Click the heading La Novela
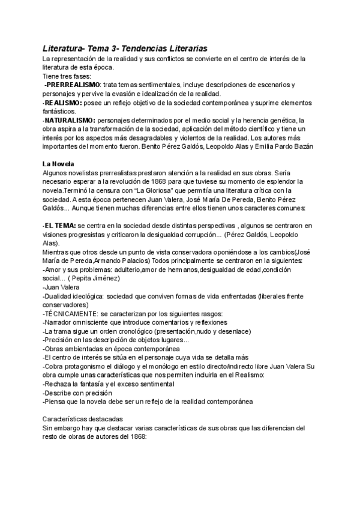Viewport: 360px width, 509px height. [58, 163]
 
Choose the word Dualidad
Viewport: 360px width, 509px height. [59, 297]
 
